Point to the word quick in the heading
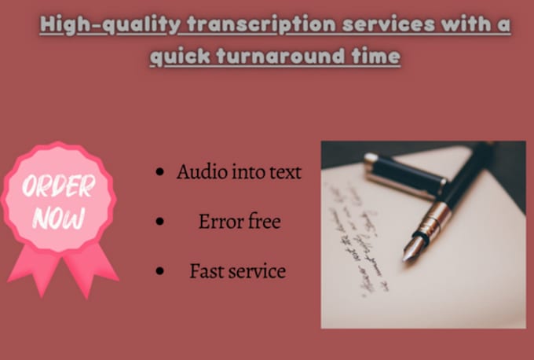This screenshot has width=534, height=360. point(177,57)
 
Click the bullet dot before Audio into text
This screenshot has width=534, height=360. point(161,172)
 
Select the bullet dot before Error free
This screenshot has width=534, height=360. point(161,222)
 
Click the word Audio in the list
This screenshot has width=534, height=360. point(200,172)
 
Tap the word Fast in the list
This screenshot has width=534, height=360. point(206,272)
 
